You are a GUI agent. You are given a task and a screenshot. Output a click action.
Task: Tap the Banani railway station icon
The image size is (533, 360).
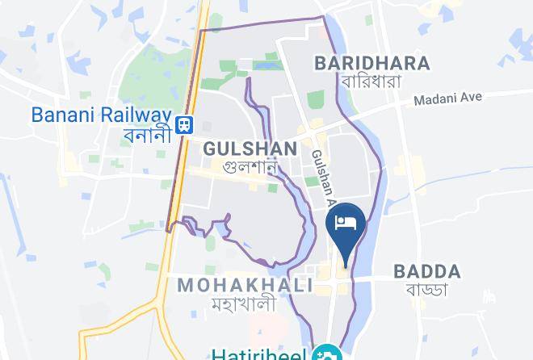coord(185,123)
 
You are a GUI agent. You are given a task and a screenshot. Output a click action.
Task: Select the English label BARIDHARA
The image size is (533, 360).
coord(372,62)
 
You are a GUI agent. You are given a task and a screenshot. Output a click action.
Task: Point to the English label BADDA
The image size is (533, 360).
coord(426,271)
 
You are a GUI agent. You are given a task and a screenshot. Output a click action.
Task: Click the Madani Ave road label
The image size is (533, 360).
coord(447,98)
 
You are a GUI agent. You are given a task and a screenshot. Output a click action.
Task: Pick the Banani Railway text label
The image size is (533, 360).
coord(103,114)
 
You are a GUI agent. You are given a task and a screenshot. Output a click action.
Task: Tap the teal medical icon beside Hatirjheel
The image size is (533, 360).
coord(330,354)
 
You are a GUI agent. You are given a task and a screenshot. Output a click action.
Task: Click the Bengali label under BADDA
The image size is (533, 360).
coord(426,290)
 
